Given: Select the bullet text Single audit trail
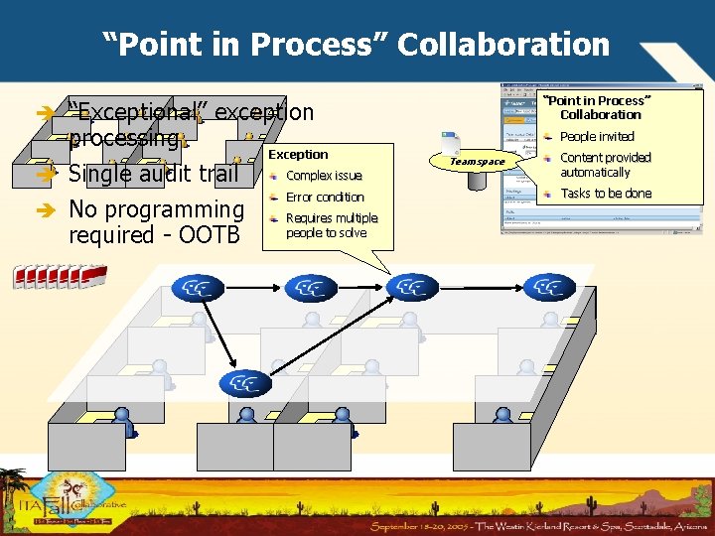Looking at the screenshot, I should coord(153,175).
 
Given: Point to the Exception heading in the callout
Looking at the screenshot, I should coord(298,155).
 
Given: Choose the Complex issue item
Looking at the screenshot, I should coord(324,176).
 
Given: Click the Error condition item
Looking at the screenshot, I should coord(325,197).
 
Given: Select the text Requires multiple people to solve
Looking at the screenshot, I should coord(332,225).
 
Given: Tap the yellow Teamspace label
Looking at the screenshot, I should coord(477,161).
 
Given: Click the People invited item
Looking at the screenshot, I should coord(597,137).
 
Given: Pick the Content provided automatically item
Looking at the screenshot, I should coord(605,165).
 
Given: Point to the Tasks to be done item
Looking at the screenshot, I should coord(606,194).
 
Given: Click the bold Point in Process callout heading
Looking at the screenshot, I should coord(600,107).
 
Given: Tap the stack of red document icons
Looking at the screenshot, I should coord(60,276).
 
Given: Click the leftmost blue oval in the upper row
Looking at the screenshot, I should coord(198,288).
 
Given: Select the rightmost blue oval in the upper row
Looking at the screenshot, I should coord(549,288).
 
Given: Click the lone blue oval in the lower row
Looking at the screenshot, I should coord(245,383).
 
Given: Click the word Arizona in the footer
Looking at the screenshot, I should coord(681,524).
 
